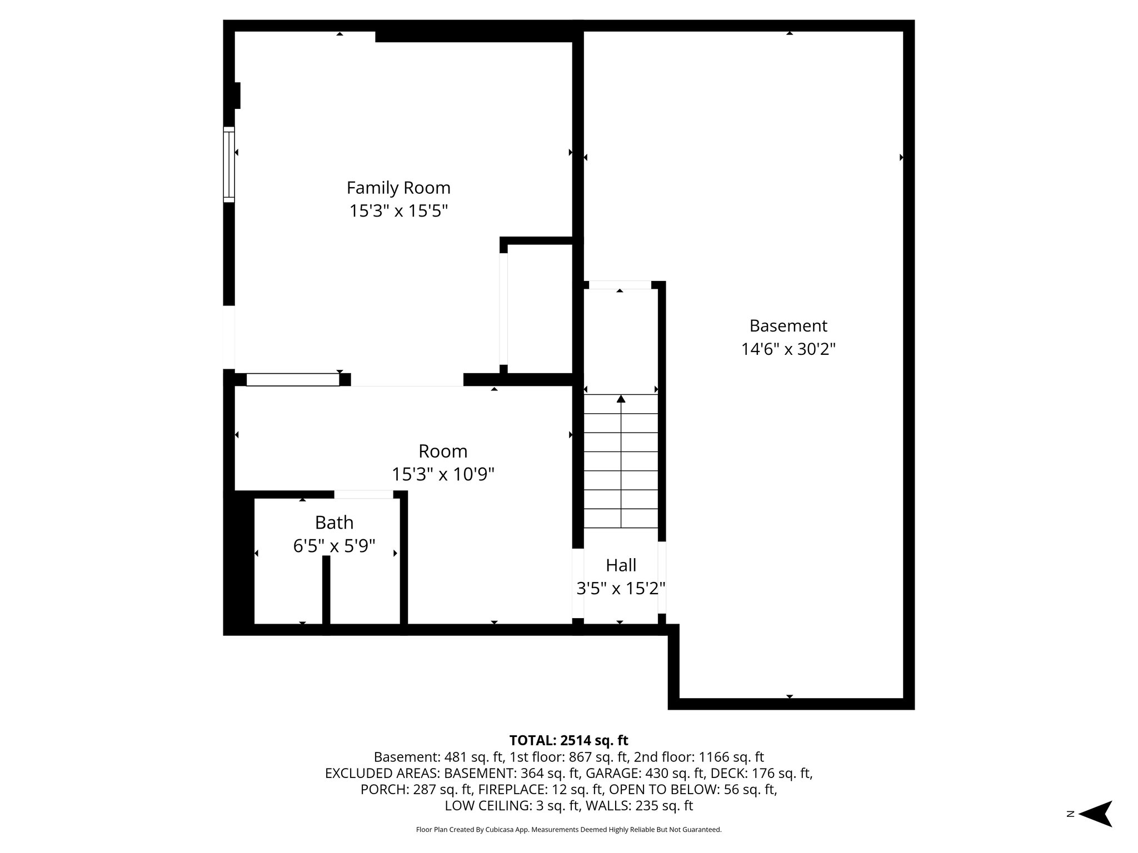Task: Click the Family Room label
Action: click(x=398, y=188)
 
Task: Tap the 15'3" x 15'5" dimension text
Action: click(x=398, y=212)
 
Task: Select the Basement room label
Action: click(x=788, y=325)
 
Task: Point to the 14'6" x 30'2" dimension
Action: click(x=788, y=349)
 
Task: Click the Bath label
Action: click(x=334, y=523)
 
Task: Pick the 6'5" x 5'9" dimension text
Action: click(x=334, y=546)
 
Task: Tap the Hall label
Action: click(x=621, y=565)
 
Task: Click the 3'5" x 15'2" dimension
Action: click(x=621, y=589)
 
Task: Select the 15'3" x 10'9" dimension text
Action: click(x=443, y=475)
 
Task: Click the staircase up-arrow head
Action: click(x=621, y=399)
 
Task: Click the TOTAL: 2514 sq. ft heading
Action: click(x=568, y=740)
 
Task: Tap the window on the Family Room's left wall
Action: click(x=229, y=164)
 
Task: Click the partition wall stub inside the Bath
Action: click(x=326, y=591)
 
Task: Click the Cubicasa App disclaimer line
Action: click(x=568, y=830)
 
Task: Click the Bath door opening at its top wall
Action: click(x=363, y=494)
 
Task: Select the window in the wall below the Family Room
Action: click(x=293, y=380)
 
